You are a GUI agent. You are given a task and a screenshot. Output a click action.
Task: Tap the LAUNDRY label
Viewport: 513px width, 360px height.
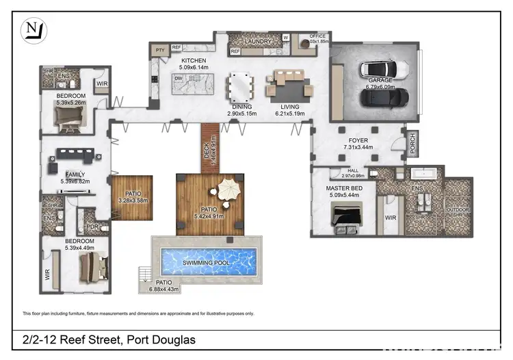[x=259, y=42]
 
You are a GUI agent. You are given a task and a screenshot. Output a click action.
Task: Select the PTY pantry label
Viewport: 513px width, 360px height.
[x=161, y=51]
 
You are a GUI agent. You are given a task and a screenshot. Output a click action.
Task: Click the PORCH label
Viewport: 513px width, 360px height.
[x=413, y=144]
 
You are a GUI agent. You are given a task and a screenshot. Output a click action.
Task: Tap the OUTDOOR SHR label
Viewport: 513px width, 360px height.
[x=458, y=211]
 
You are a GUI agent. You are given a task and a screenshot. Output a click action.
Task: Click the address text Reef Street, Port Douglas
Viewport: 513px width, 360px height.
[x=107, y=340]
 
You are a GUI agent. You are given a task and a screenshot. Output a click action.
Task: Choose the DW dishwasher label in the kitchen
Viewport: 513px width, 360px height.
[x=178, y=78]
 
